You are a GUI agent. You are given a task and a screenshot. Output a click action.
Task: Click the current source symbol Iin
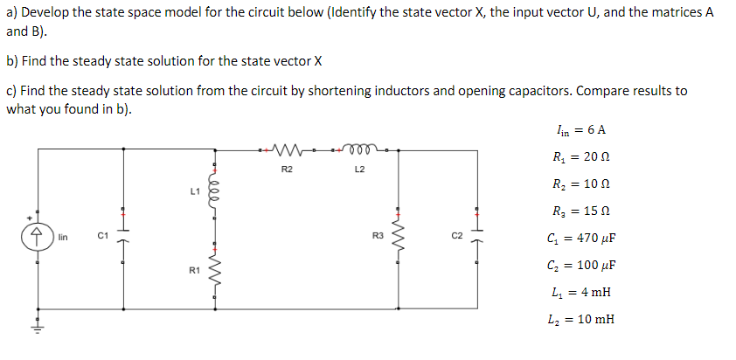coord(38,236)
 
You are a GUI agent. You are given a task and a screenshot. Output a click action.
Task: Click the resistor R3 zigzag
coord(400,235)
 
